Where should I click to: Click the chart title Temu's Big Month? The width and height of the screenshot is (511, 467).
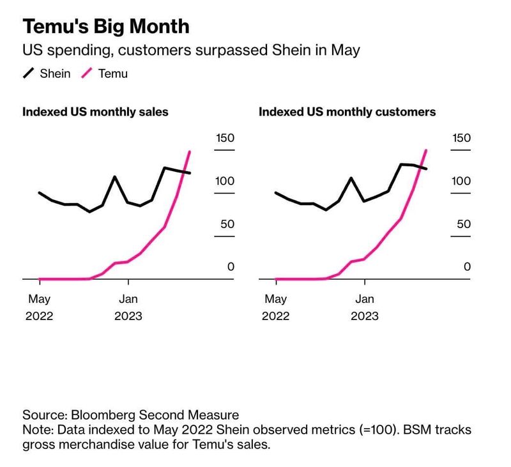[x=106, y=26]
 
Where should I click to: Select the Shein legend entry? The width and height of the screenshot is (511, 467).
[x=47, y=73]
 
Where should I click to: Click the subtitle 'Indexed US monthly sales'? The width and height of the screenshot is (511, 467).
[x=96, y=112]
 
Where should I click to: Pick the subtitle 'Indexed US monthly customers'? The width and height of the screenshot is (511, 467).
[x=347, y=112]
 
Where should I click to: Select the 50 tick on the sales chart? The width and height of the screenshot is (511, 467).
[x=226, y=224]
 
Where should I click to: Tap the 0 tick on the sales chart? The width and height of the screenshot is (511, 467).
[x=231, y=267]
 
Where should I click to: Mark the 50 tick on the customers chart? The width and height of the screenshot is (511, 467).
[x=462, y=224]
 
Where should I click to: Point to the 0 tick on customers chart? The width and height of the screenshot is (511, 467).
[x=468, y=267]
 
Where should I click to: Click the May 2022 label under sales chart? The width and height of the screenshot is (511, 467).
[x=40, y=307]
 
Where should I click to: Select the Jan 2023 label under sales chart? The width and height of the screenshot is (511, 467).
[x=128, y=307]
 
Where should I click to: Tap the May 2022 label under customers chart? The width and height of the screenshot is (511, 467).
[x=276, y=307]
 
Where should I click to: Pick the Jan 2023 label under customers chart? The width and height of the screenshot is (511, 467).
[x=365, y=307]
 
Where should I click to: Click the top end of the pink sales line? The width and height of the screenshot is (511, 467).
[x=190, y=151]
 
